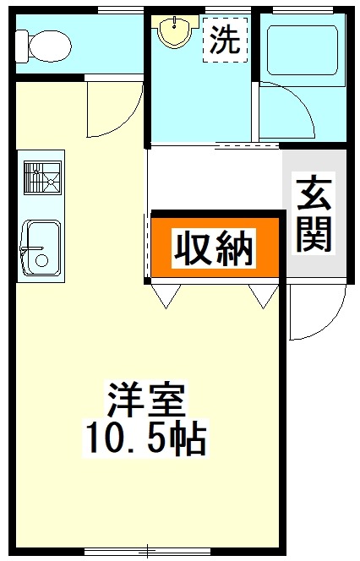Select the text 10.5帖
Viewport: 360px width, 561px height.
point(145,438)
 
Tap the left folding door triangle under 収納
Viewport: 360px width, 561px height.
point(166,294)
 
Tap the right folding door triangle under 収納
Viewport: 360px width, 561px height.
point(264,294)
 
